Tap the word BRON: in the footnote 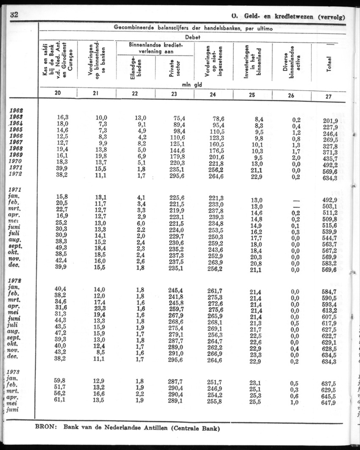[47, 428]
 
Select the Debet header [193, 37]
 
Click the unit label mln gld [191, 84]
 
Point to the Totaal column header [330, 64]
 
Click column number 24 [213, 94]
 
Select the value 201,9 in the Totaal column [330, 121]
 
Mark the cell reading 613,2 [330, 309]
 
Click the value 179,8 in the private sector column [176, 156]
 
